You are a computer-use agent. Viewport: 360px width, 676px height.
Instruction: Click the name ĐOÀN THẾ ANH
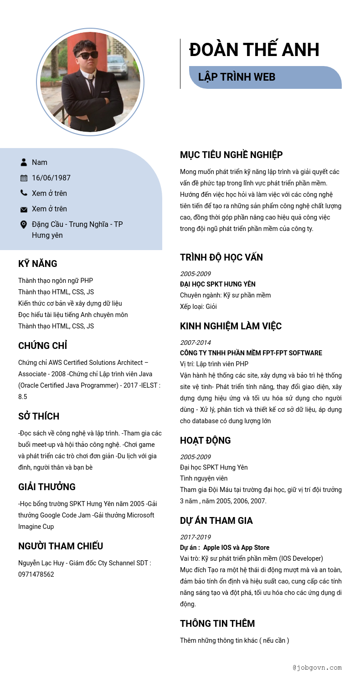pyautogui.click(x=254, y=50)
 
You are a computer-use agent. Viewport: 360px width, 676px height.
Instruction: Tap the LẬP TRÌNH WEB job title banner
pyautogui.click(x=237, y=77)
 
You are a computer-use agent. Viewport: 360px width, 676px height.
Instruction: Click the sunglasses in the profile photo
pyautogui.click(x=87, y=55)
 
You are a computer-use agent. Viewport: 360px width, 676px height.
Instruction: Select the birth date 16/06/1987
pyautogui.click(x=51, y=178)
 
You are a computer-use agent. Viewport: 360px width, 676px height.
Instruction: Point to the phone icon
pyautogui.click(x=24, y=193)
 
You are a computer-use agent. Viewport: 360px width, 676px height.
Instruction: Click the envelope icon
pyautogui.click(x=24, y=210)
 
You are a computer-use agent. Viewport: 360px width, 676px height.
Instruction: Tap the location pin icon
pyautogui.click(x=24, y=225)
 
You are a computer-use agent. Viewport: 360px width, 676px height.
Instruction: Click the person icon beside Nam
pyautogui.click(x=24, y=162)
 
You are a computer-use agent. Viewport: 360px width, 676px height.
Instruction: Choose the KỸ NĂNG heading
pyautogui.click(x=38, y=264)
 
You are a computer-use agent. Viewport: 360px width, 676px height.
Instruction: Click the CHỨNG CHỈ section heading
pyautogui.click(x=43, y=346)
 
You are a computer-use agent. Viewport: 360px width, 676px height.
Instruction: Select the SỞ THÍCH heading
pyautogui.click(x=39, y=416)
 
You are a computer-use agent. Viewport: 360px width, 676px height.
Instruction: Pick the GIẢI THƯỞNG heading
pyautogui.click(x=47, y=487)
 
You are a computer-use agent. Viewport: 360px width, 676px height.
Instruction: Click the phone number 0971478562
pyautogui.click(x=36, y=574)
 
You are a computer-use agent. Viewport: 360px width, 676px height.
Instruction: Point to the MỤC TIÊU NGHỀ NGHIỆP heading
pyautogui.click(x=231, y=155)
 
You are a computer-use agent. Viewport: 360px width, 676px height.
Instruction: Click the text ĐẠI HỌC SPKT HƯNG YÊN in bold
pyautogui.click(x=218, y=284)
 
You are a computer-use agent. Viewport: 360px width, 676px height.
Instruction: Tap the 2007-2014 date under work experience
pyautogui.click(x=195, y=343)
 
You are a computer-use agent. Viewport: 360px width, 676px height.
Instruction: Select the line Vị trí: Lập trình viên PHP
pyautogui.click(x=214, y=364)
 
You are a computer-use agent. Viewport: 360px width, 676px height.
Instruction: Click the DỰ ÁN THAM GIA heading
pyautogui.click(x=216, y=521)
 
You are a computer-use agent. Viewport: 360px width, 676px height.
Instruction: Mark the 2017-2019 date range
pyautogui.click(x=195, y=537)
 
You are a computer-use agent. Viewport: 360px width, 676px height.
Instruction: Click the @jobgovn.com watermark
pyautogui.click(x=317, y=668)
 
